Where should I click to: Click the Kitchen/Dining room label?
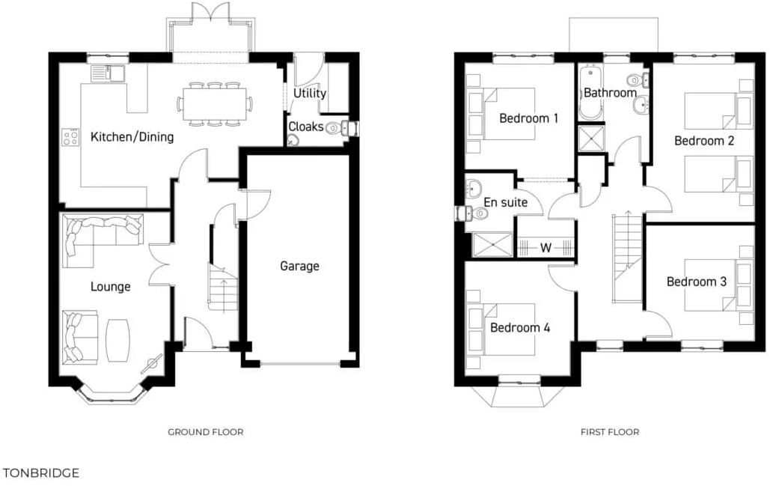pyautogui.click(x=132, y=137)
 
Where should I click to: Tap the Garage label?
pyautogui.click(x=299, y=266)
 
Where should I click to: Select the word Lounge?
pyautogui.click(x=110, y=287)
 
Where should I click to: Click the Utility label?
pyautogui.click(x=309, y=94)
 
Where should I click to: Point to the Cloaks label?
pyautogui.click(x=305, y=127)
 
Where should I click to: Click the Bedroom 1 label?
pyautogui.click(x=529, y=118)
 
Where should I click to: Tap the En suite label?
pyautogui.click(x=506, y=202)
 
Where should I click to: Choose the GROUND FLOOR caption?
pyautogui.click(x=205, y=432)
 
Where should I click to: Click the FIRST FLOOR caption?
pyautogui.click(x=610, y=432)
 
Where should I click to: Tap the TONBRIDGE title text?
pyautogui.click(x=41, y=473)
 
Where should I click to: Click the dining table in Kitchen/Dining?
pyautogui.click(x=216, y=103)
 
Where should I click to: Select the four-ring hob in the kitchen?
pyautogui.click(x=70, y=137)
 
